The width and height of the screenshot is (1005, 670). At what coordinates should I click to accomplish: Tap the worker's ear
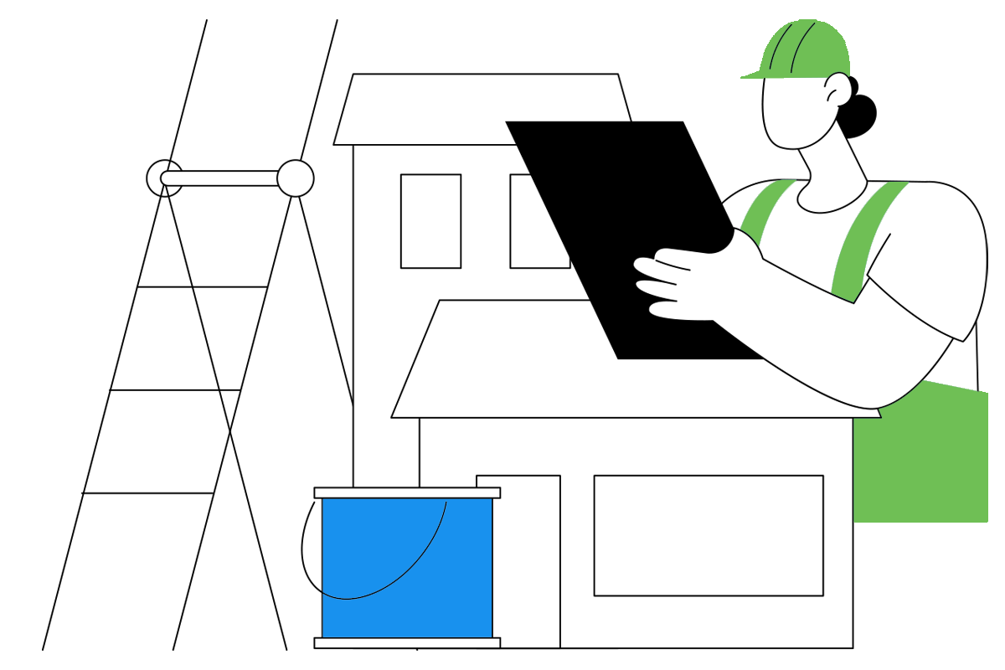click(838, 89)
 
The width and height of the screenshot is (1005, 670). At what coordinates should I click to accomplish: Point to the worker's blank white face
click(791, 113)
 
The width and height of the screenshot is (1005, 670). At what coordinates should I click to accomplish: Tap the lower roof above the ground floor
click(519, 368)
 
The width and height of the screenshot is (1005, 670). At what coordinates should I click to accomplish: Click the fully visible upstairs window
click(430, 221)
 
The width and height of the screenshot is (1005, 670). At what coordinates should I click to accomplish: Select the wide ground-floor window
click(709, 536)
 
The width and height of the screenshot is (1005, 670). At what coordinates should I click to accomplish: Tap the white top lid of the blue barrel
click(408, 492)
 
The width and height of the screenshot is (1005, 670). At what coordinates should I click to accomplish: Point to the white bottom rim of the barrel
click(408, 642)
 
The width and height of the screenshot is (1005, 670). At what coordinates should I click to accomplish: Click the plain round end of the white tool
click(295, 178)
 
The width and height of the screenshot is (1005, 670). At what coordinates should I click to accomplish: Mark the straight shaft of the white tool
click(222, 178)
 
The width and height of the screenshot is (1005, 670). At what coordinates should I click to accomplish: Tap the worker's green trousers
click(921, 461)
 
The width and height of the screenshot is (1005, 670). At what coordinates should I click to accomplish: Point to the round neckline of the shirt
click(829, 201)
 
